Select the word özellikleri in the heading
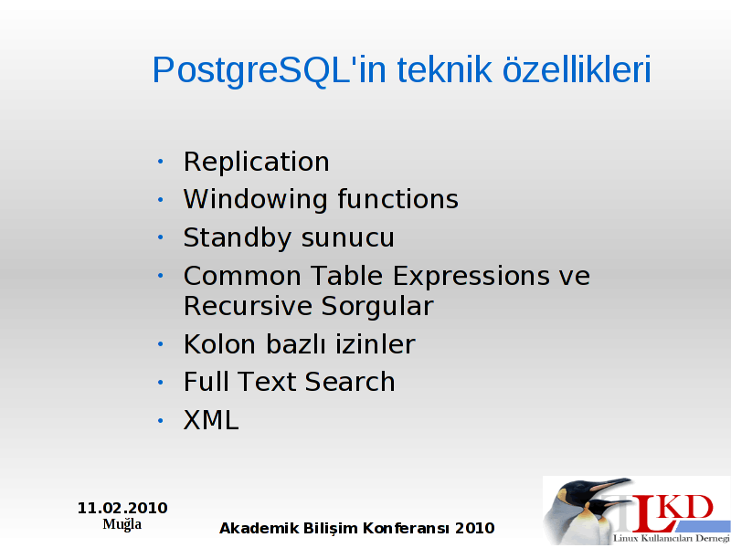tap(577, 69)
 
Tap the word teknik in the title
tap(445, 69)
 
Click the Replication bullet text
tap(257, 162)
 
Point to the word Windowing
tap(256, 200)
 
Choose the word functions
tap(398, 198)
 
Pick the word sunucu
tap(348, 238)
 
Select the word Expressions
tap(471, 277)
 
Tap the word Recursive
tap(248, 307)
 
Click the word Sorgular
tap(377, 307)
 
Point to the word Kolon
tap(219, 344)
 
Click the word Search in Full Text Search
tap(350, 382)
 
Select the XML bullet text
tap(211, 420)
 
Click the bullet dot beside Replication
tap(161, 162)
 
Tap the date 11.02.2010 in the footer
tap(122, 508)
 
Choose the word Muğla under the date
tap(122, 524)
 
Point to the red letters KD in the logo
tap(686, 507)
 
